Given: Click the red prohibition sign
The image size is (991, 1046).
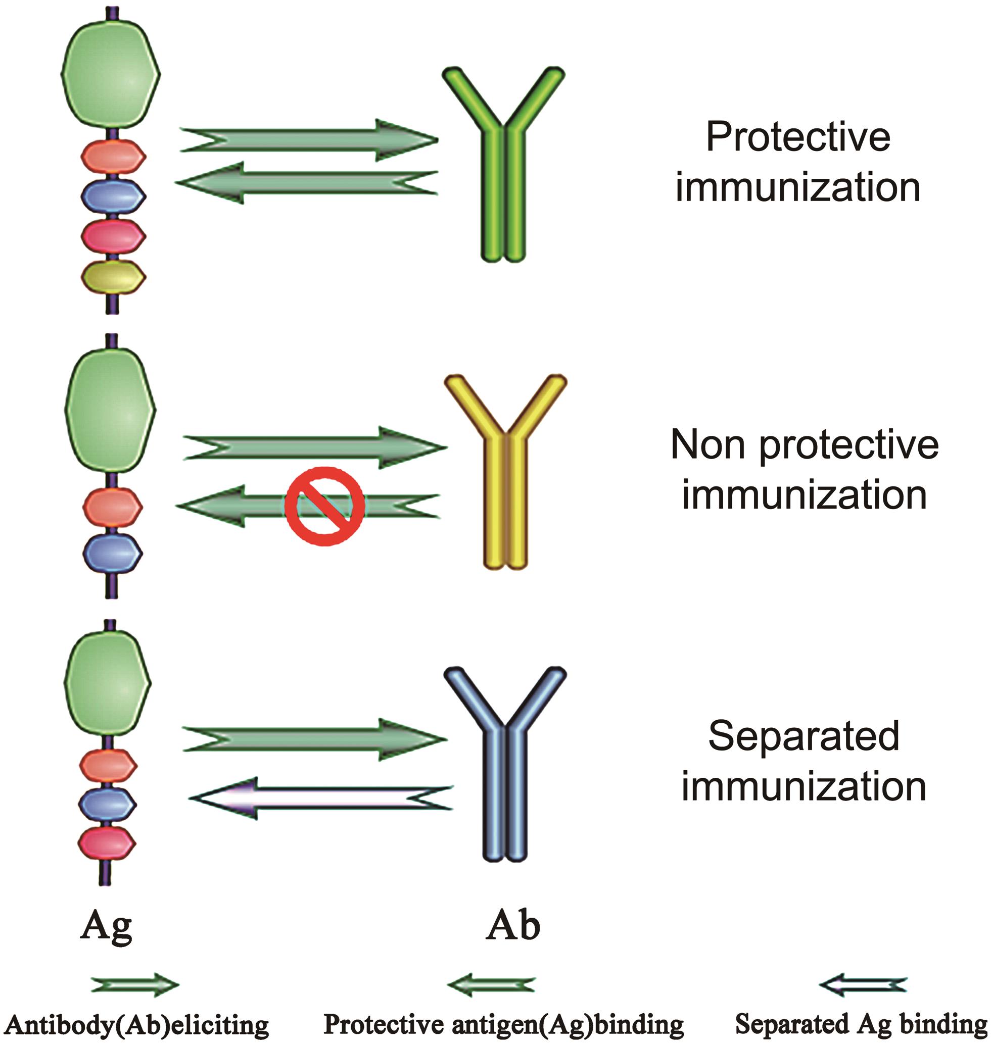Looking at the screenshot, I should (x=324, y=506).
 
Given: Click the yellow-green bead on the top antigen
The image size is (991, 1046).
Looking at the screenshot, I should (x=113, y=276).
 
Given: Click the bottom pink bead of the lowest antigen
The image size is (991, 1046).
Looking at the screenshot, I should (x=107, y=843).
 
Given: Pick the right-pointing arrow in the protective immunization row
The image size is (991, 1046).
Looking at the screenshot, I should (x=309, y=140).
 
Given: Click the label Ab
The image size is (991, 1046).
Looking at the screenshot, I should (x=512, y=926).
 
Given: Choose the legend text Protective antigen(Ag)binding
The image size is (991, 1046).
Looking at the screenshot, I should (x=503, y=1024).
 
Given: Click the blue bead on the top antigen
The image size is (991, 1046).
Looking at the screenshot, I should (x=113, y=195).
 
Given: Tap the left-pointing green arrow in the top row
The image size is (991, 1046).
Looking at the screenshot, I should (x=306, y=183).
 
